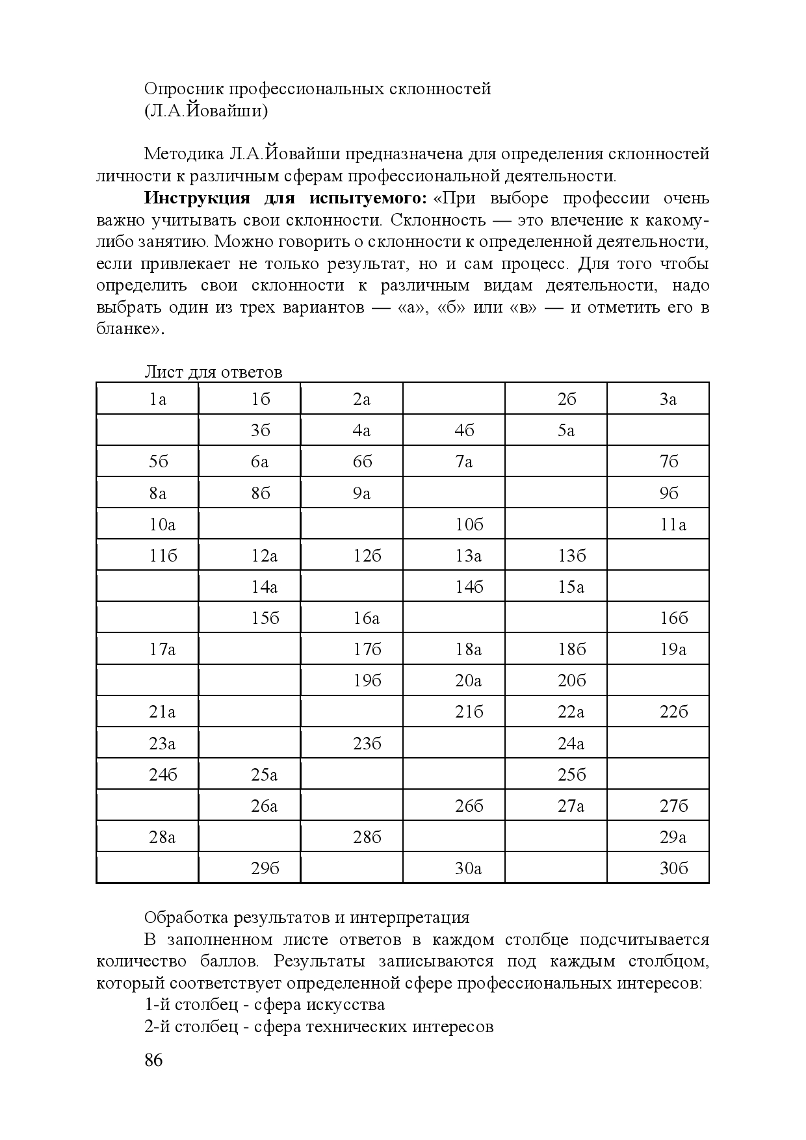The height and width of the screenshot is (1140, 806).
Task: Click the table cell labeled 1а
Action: click(158, 399)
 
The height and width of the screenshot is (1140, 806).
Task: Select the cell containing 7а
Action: click(464, 461)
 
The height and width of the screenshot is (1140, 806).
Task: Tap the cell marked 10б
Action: click(469, 525)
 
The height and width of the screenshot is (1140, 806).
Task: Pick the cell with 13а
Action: click(469, 556)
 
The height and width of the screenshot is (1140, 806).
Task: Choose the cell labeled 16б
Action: click(673, 618)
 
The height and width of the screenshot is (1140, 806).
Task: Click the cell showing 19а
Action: click(673, 649)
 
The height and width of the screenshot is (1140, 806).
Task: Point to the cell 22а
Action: click(571, 712)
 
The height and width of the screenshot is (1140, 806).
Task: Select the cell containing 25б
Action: click(571, 775)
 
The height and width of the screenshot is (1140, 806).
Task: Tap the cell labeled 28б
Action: click(367, 837)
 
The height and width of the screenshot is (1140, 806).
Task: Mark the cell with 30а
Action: click(469, 868)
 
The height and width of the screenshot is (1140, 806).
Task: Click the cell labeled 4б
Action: click(464, 430)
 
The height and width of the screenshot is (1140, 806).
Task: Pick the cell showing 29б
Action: click(265, 868)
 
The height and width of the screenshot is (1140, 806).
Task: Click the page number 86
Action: click(153, 1060)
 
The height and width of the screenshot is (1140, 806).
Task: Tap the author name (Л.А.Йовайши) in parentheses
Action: click(206, 110)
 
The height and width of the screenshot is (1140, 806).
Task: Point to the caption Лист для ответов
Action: click(213, 372)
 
